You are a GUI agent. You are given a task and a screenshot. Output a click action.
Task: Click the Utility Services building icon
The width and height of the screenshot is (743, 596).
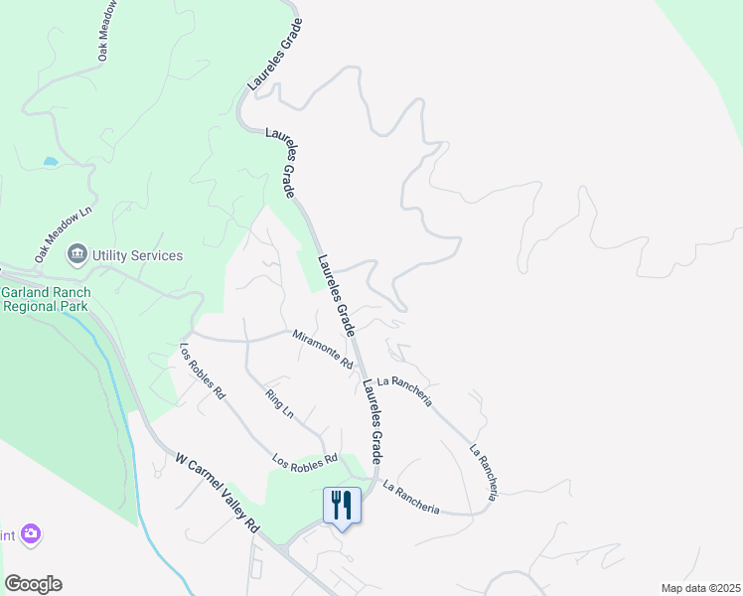(x=76, y=255)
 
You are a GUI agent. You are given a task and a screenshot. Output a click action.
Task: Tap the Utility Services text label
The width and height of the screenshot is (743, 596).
(x=138, y=255)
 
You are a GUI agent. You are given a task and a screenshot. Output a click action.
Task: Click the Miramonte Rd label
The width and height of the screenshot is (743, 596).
(x=323, y=350)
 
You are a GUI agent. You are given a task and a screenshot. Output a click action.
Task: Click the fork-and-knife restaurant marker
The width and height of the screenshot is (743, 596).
(x=342, y=506)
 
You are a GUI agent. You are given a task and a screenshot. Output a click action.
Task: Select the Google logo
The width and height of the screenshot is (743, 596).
(x=32, y=584)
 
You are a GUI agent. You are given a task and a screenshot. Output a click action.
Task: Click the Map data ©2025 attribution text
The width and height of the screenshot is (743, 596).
(x=700, y=588)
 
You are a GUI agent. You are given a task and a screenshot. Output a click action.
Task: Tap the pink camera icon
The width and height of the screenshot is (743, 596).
(x=31, y=534)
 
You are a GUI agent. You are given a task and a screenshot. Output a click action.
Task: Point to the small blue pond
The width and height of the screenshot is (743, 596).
(x=50, y=160)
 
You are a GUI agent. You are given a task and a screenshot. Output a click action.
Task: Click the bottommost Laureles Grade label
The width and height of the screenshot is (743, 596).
(x=372, y=418)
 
